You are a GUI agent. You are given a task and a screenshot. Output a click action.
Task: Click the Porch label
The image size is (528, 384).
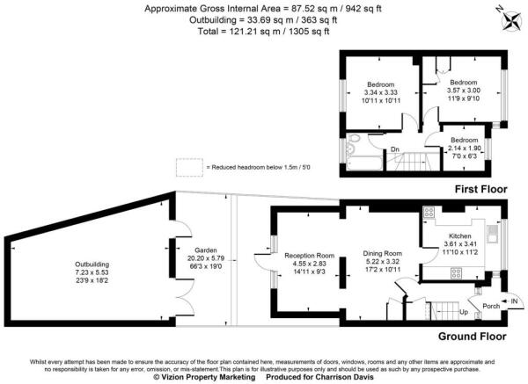click(490, 306)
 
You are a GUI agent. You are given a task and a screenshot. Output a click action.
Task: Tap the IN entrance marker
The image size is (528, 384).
click(514, 299)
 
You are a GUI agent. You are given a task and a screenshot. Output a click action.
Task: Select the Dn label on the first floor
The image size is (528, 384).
click(396, 149)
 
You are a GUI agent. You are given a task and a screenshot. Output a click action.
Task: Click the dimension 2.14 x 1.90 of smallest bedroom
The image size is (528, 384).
click(463, 149)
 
